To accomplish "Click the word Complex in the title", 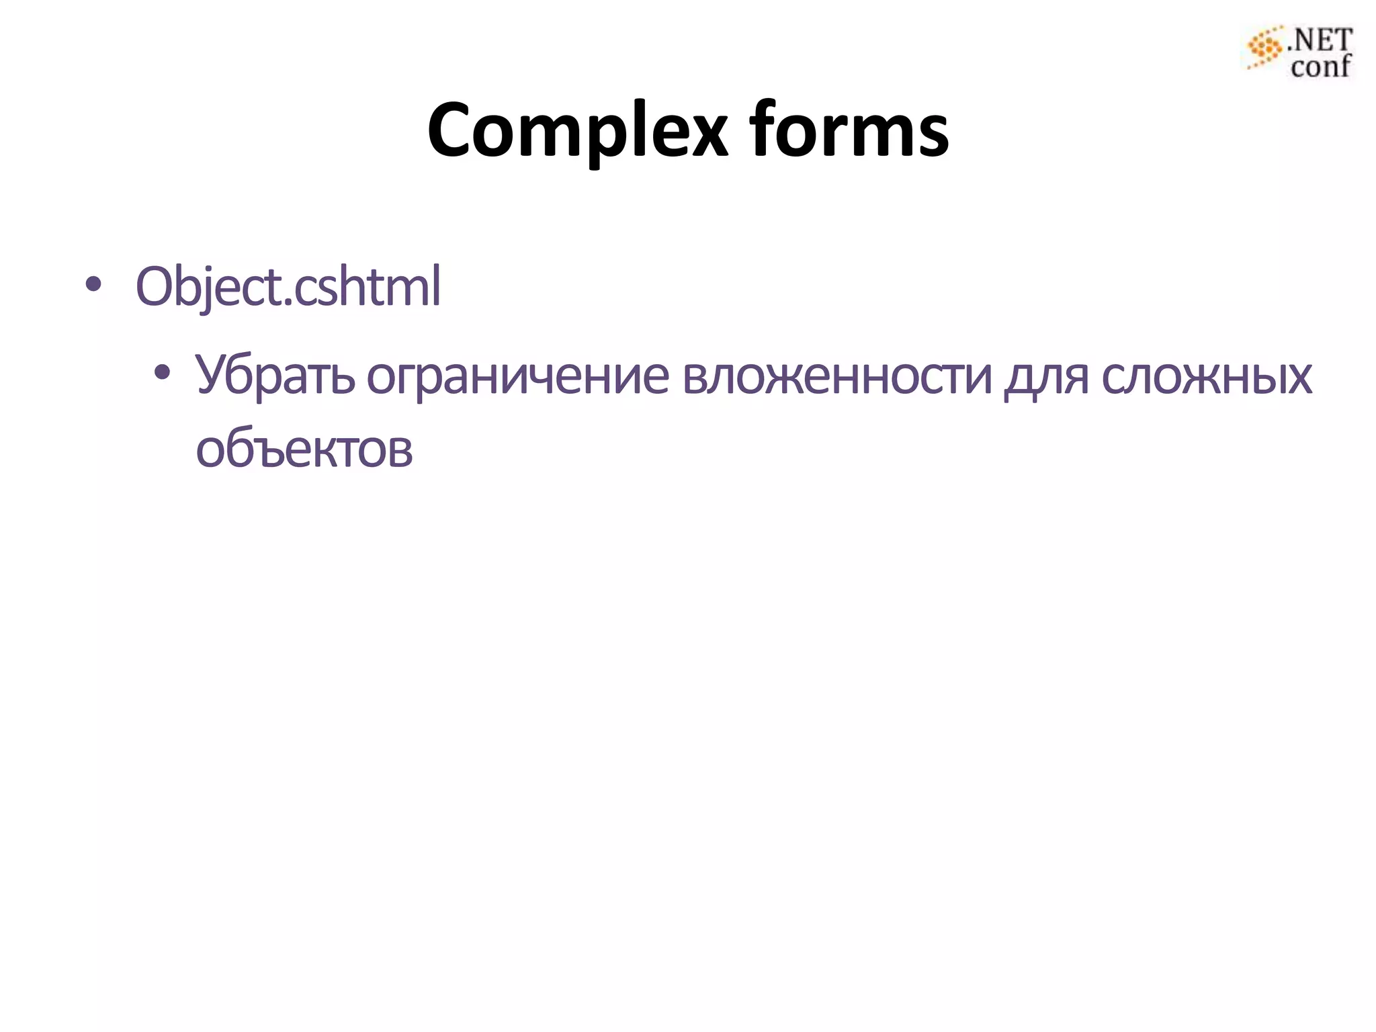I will pyautogui.click(x=576, y=131).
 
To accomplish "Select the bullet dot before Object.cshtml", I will pyautogui.click(x=93, y=286).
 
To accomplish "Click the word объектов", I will pyautogui.click(x=304, y=449).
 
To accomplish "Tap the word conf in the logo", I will pyautogui.click(x=1320, y=67).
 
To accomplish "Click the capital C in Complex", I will pyautogui.click(x=454, y=131).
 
